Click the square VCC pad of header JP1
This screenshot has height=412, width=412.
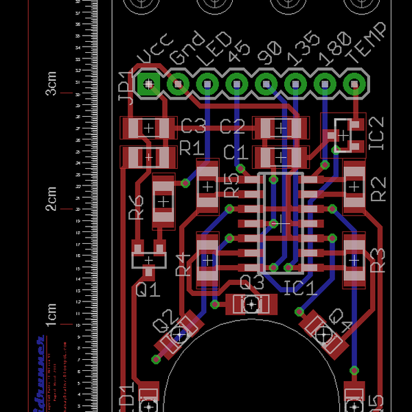pos(148,84)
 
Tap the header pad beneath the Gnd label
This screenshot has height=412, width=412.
pos(178,84)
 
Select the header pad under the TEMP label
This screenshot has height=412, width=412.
pos(354,84)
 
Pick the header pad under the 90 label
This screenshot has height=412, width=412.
pos(266,84)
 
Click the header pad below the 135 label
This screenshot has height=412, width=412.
pos(295,84)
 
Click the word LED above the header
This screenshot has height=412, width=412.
pos(214,49)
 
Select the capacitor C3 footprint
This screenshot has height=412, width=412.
pos(148,128)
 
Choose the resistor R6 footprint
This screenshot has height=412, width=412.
pos(163,202)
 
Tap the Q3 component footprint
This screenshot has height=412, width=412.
pos(252,304)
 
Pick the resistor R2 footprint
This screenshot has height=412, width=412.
pos(354,186)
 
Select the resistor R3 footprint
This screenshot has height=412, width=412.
pos(354,260)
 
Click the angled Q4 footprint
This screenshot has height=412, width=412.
pos(323,333)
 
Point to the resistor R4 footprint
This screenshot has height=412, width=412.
pos(207,260)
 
